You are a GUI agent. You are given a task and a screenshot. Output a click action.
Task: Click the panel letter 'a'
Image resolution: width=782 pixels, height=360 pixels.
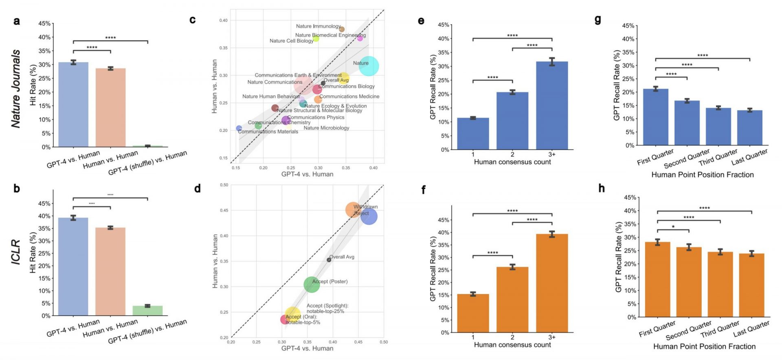(x=16, y=21)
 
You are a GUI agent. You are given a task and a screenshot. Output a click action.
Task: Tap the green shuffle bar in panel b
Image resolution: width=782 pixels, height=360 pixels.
(x=147, y=310)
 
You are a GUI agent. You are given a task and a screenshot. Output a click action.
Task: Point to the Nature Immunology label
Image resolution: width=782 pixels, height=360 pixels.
(x=318, y=26)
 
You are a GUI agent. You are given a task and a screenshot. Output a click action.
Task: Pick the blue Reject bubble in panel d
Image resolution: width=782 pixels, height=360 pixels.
(x=369, y=216)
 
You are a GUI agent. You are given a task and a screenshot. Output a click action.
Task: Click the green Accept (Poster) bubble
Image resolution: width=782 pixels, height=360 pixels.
(x=312, y=284)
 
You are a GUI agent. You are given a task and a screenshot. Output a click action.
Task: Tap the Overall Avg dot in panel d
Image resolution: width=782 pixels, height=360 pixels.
(x=329, y=260)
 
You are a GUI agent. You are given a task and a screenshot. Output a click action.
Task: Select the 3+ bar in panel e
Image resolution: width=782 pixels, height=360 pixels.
(x=552, y=105)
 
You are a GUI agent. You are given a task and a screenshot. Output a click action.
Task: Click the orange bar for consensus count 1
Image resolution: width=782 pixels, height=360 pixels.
(x=473, y=313)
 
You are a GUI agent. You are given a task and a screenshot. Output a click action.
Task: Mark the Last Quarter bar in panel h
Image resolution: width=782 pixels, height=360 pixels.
(x=751, y=285)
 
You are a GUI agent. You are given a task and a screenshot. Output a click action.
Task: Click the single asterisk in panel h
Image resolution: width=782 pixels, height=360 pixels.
(x=673, y=227)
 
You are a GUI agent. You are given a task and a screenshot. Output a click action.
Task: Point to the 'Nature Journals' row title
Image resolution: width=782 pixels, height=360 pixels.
(x=15, y=89)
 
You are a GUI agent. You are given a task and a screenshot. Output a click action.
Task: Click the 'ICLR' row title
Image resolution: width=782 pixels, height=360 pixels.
(x=15, y=252)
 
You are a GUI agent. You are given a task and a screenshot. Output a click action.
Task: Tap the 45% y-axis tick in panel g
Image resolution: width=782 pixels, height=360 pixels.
(x=628, y=26)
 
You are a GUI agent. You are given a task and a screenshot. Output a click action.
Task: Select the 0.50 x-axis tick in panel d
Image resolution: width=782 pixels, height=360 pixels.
(x=384, y=342)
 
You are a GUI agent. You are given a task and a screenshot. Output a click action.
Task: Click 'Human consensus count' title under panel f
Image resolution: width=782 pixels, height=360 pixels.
(x=512, y=345)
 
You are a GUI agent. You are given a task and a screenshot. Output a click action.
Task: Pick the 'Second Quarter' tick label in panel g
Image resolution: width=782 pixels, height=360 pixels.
(x=687, y=159)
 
